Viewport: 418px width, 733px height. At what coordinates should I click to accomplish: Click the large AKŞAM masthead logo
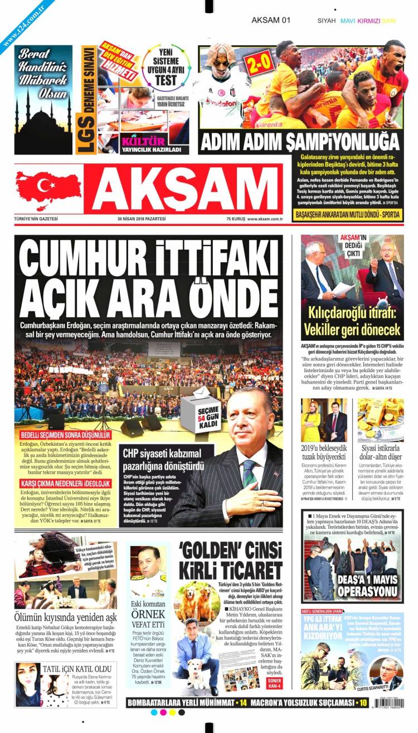click(x=187, y=191)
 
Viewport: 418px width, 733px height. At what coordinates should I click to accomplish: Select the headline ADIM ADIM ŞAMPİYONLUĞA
click(x=300, y=142)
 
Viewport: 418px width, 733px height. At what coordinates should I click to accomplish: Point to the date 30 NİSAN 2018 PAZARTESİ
click(x=142, y=219)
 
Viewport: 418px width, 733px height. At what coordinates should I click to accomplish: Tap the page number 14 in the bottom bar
click(x=243, y=702)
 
